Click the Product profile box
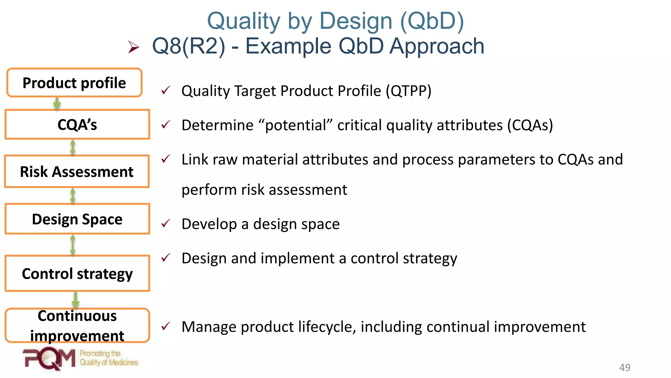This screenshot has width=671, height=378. (x=74, y=83)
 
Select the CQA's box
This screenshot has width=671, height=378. (x=77, y=125)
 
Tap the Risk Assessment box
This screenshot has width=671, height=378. (x=77, y=172)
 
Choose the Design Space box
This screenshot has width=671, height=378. (x=77, y=219)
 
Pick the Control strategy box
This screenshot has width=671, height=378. (x=77, y=273)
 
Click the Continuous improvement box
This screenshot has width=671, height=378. (x=77, y=325)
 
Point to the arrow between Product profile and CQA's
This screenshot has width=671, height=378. (x=57, y=104)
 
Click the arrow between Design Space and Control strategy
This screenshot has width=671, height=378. (x=73, y=245)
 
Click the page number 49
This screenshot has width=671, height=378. (x=624, y=367)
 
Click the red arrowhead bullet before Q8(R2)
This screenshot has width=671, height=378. (x=133, y=47)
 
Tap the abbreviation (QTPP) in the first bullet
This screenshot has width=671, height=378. (x=408, y=91)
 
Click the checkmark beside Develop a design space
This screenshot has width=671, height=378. (x=166, y=224)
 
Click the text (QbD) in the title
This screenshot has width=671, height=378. (x=432, y=21)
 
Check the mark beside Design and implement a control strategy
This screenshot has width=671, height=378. (x=166, y=258)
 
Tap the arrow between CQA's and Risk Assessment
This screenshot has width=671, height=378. (x=73, y=148)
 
